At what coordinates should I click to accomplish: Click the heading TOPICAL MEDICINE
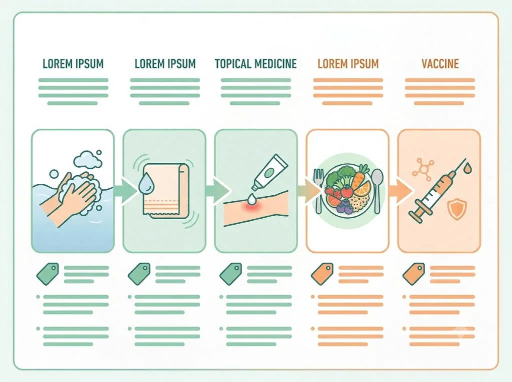point(255,63)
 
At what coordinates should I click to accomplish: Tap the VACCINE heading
point(440,63)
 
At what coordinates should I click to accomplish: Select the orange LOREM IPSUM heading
point(348,63)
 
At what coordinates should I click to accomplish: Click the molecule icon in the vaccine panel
point(423,169)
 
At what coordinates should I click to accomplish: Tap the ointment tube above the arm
point(269,172)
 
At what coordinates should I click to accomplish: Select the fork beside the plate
point(318,189)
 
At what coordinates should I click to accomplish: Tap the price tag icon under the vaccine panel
point(413,274)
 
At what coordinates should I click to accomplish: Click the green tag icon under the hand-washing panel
point(47,274)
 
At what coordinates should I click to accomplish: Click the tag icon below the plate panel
point(322,274)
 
